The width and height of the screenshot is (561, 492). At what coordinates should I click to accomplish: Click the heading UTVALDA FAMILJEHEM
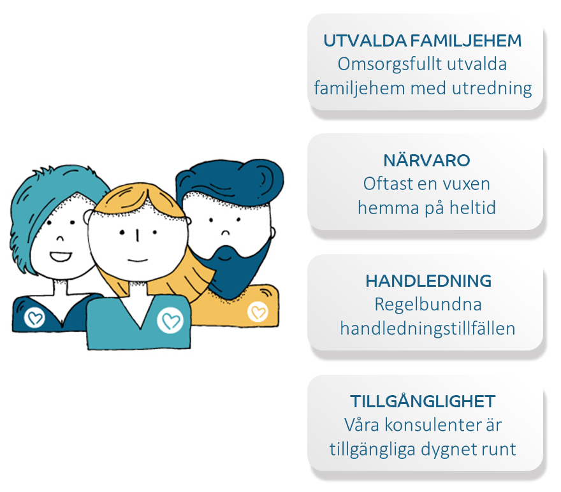point(423,41)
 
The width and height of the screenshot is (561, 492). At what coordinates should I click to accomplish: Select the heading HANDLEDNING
point(428,281)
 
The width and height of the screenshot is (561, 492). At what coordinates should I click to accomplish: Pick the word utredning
point(492,89)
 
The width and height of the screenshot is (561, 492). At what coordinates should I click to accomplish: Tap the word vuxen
point(466,185)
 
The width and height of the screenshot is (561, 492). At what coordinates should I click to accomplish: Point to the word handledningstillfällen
point(428,328)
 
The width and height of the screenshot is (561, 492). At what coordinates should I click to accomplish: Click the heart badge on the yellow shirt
point(258,312)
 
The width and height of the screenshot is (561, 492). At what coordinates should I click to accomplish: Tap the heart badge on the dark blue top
point(34,317)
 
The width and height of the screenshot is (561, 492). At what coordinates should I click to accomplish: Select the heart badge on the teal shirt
point(170,321)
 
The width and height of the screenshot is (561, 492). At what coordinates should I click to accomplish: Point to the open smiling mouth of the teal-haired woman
point(60,256)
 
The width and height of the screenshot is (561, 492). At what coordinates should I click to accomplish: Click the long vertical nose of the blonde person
point(137,236)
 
